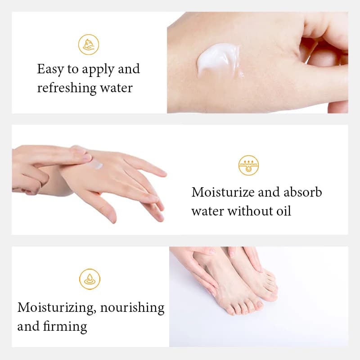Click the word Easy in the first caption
coord(50,69)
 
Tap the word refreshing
coord(67,88)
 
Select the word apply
coord(98,70)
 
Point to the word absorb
coord(302,192)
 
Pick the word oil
coord(283,211)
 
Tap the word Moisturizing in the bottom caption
coord(57,308)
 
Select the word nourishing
coord(132,308)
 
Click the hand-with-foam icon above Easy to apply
coord(89,45)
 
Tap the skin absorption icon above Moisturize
coord(249,165)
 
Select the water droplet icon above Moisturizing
coord(90,279)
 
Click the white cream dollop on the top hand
coord(218,59)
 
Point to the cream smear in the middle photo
coord(96,164)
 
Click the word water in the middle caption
coord(208,211)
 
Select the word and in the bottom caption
coord(28,326)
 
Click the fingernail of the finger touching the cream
coord(87,157)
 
